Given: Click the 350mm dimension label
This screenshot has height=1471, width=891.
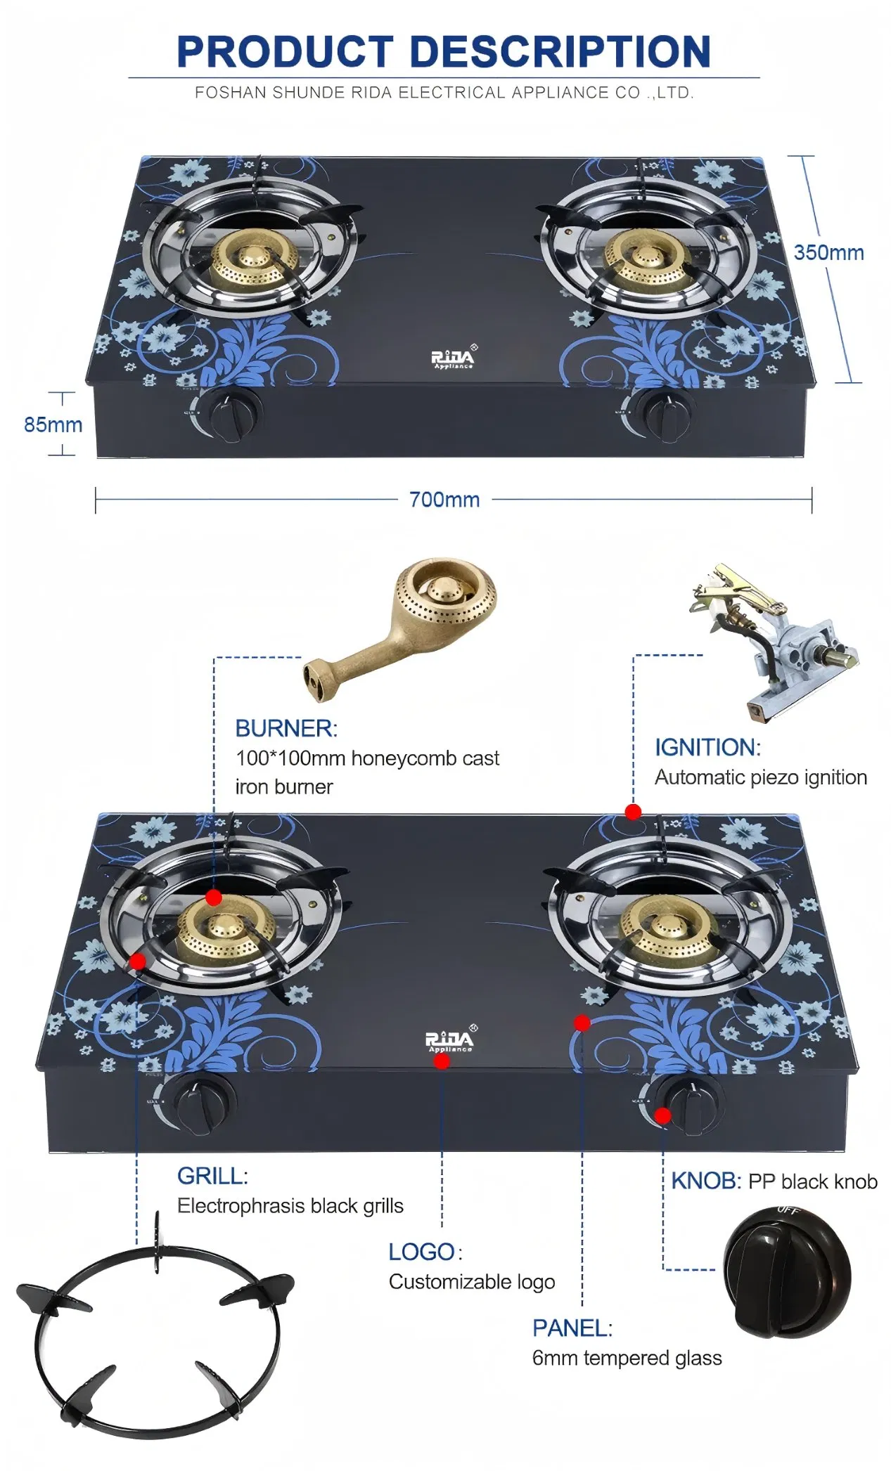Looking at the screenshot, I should [828, 253].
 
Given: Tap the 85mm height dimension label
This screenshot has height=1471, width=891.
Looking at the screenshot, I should [53, 425].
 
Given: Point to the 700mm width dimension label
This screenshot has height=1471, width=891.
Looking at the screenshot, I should [444, 500].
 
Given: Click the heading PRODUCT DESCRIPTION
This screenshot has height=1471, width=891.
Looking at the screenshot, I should [444, 52].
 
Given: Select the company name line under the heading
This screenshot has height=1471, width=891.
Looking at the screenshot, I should [444, 93].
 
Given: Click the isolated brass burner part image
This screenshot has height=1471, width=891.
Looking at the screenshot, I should [404, 626].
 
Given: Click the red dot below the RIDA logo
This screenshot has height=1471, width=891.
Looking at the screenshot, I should [442, 1061].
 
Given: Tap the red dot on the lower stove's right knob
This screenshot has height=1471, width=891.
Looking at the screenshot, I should [662, 1115].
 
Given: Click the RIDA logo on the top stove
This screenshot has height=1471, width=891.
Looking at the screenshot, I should [452, 358].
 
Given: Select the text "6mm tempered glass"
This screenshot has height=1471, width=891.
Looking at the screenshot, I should [627, 1358].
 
